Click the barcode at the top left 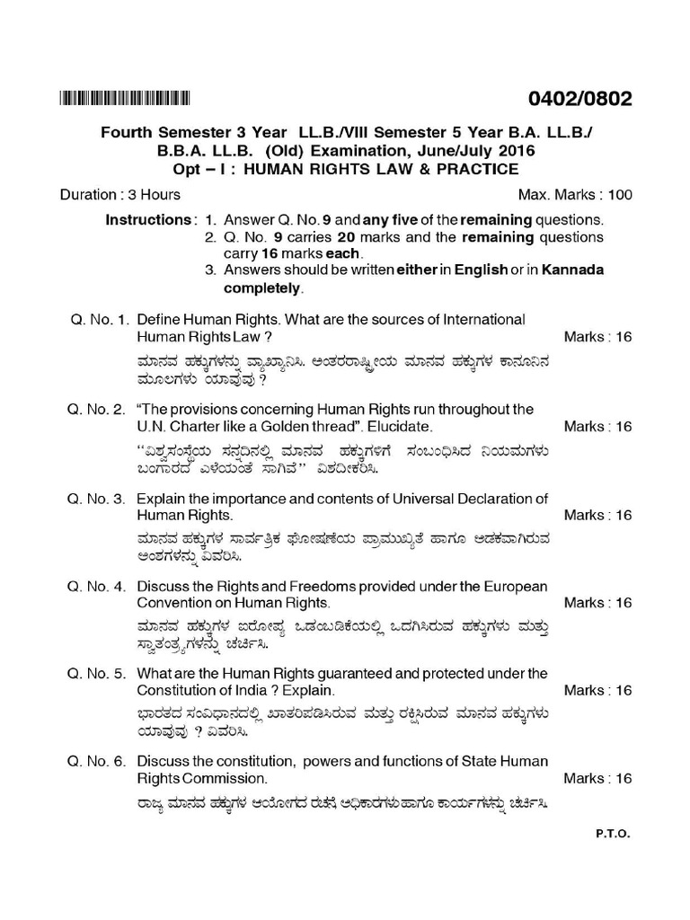[125, 98]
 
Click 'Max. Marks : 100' [575, 195]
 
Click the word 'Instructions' [147, 220]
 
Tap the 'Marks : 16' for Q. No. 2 [598, 426]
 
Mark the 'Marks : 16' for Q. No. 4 [598, 603]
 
